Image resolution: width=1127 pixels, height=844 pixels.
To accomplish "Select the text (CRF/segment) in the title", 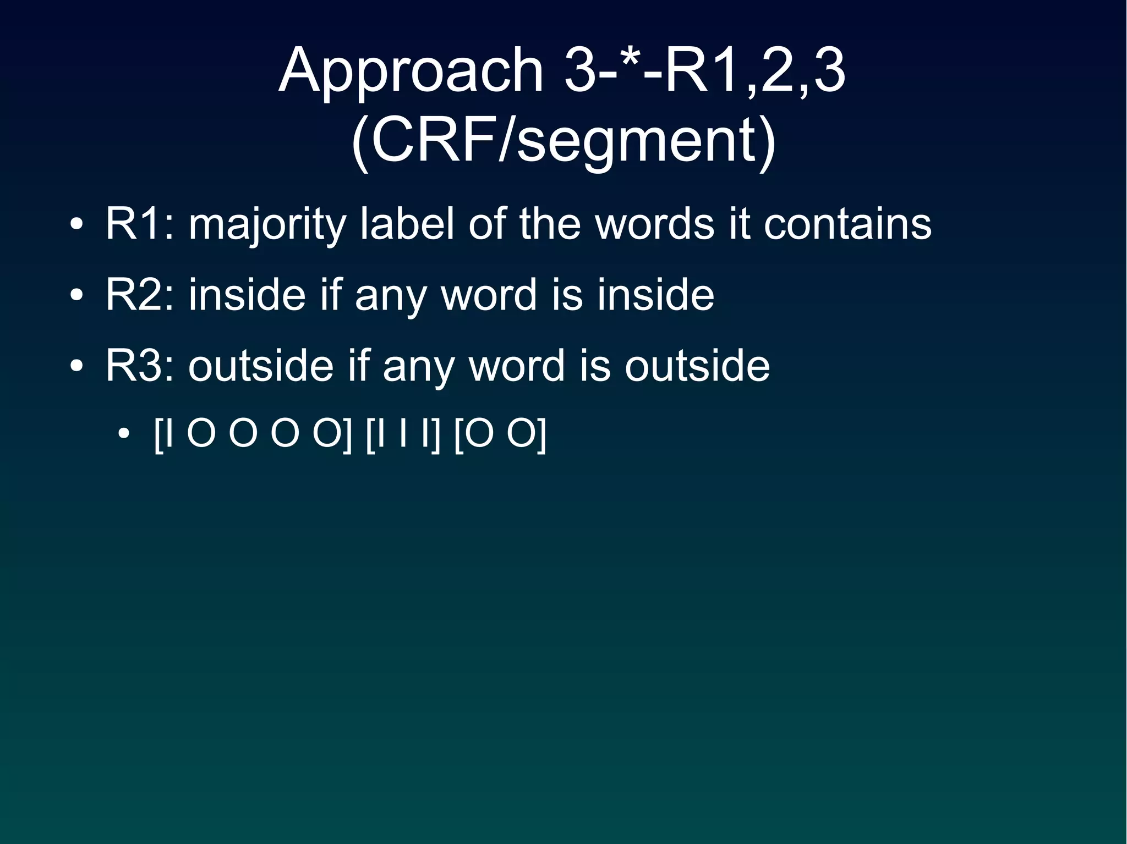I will tap(563, 141).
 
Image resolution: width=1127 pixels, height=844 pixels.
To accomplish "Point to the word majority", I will tap(267, 225).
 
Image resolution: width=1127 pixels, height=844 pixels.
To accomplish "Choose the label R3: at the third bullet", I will tap(140, 366).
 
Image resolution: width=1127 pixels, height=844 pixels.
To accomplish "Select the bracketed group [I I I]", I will tap(403, 435).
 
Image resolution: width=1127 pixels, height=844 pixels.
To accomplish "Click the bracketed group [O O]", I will tap(500, 435).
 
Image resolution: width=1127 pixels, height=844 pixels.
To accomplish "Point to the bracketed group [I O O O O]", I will tap(253, 435).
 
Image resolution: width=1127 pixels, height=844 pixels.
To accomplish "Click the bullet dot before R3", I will tap(76, 367).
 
